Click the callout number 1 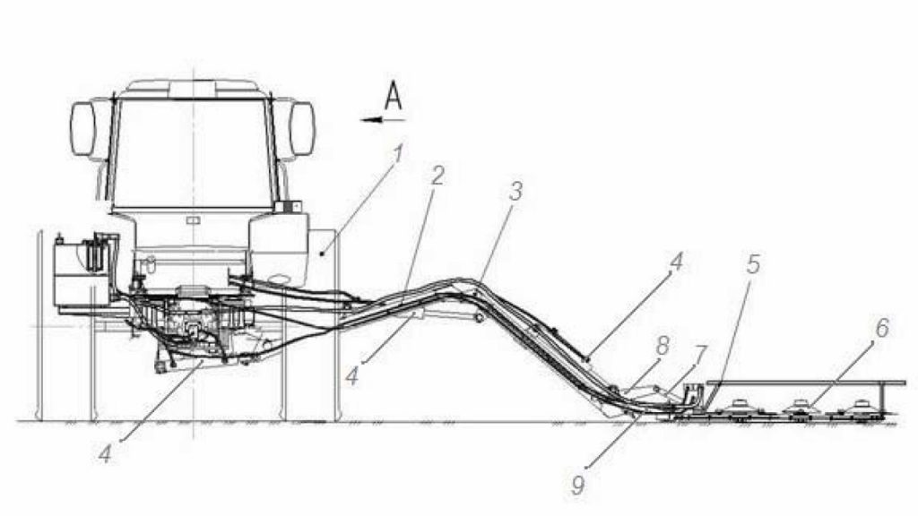pos(399,155)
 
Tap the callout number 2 pos(437,176)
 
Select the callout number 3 pos(515,192)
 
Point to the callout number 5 pos(753,264)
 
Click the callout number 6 pos(882,328)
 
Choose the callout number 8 pos(663,346)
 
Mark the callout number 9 pos(578,486)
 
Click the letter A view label pos(394,96)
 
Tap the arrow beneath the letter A pos(383,120)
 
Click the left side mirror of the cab pos(82,129)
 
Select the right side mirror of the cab pos(303,129)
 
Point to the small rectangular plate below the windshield pos(192,220)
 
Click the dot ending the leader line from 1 pos(322,254)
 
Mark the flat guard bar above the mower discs pos(806,383)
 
